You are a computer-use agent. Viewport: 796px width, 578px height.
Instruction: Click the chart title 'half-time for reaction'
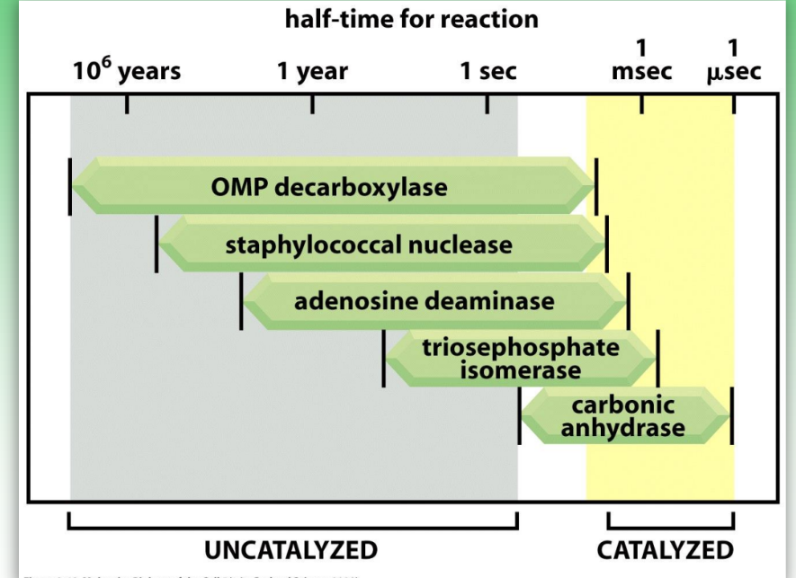(411, 19)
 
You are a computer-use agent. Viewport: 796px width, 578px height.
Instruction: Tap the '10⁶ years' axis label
(127, 71)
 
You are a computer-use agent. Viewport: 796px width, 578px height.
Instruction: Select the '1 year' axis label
(312, 71)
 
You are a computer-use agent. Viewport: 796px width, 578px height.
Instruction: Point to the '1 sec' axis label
(488, 71)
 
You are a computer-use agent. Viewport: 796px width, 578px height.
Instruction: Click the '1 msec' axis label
(641, 60)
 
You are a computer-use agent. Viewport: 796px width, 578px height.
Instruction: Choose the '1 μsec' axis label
(733, 60)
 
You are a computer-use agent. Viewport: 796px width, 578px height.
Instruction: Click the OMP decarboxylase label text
(329, 187)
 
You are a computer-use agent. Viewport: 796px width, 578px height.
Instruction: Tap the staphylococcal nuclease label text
(369, 244)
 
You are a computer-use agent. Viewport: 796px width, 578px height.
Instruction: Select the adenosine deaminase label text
(425, 300)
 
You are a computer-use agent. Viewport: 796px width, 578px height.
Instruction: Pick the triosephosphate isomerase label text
(521, 358)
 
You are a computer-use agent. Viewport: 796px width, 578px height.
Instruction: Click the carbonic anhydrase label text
(623, 416)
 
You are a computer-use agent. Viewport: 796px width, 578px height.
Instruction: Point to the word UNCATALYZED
(291, 549)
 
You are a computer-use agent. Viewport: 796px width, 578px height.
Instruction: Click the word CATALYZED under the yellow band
(665, 549)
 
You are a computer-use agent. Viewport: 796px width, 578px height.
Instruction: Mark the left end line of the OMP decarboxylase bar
(69, 186)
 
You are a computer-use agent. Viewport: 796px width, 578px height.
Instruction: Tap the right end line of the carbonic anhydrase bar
(732, 415)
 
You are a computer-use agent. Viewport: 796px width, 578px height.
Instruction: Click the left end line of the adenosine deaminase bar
(241, 301)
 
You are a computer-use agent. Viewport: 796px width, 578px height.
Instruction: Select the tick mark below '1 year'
(312, 103)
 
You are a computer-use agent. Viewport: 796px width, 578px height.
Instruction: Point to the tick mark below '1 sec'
(487, 103)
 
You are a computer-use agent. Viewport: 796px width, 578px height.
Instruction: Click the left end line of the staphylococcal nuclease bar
(157, 244)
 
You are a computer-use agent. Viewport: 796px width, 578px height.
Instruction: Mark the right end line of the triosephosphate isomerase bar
(658, 358)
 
